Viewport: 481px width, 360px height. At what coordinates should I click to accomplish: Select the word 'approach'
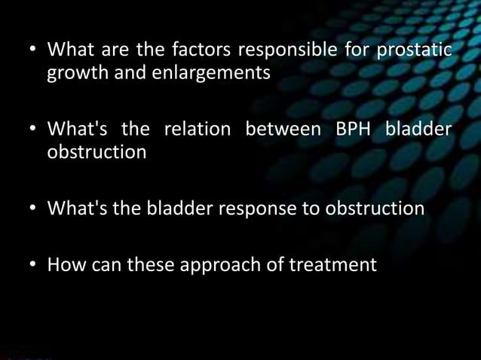(x=222, y=264)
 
